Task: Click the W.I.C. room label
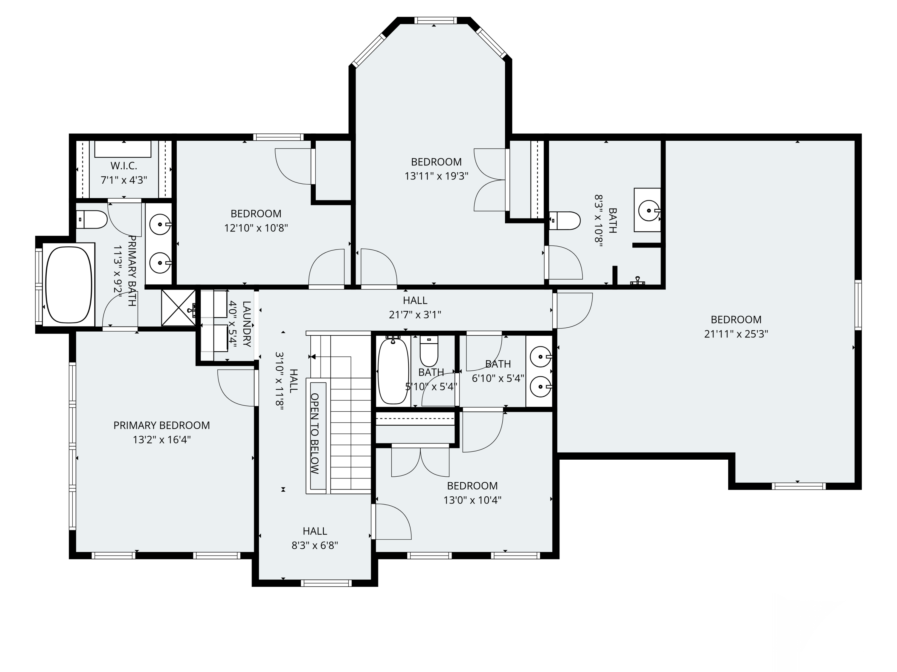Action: coord(124,166)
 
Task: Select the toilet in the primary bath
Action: coord(92,220)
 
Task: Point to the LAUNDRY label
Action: coord(247,324)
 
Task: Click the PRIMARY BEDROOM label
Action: coord(161,425)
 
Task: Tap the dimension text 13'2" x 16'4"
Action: coord(161,440)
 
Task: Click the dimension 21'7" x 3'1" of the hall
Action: coord(415,315)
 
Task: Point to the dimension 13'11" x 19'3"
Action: coord(436,176)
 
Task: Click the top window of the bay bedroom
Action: coord(436,21)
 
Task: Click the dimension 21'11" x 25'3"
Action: coord(736,334)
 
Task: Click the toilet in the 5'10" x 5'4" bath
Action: coord(429,351)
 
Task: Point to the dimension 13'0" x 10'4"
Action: coord(472,500)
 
